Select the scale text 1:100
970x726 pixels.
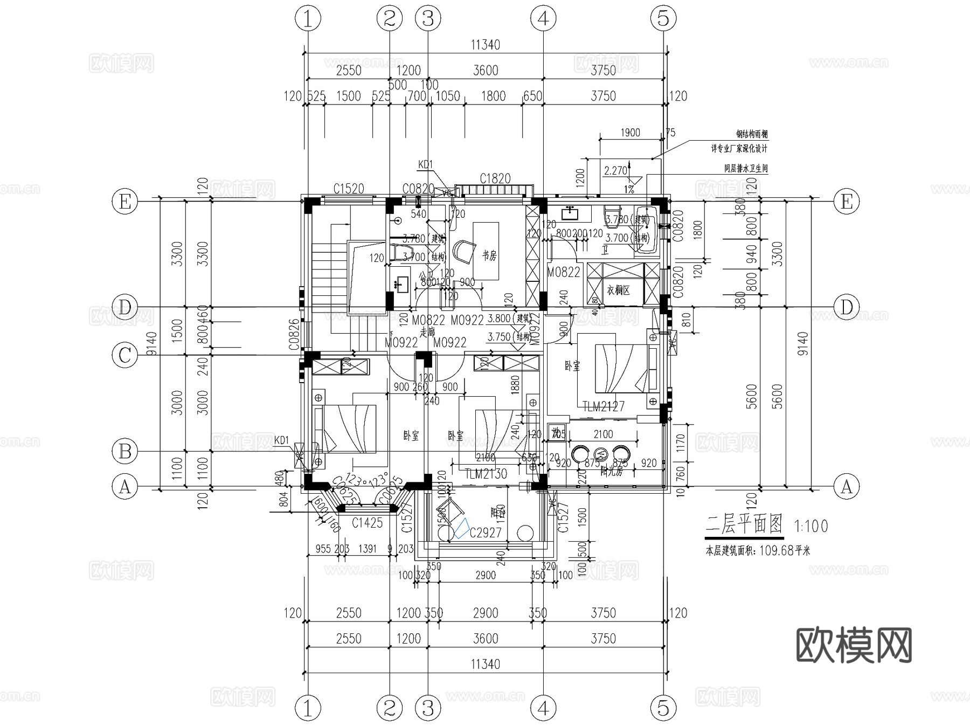[x=811, y=526]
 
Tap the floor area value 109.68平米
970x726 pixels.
[x=785, y=551]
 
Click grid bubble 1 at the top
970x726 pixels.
[x=308, y=19]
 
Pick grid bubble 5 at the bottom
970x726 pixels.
[x=663, y=708]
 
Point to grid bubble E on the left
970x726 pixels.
[x=125, y=202]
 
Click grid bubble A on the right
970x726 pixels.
[x=847, y=487]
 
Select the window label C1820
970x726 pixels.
[x=495, y=178]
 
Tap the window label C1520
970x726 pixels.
[x=349, y=189]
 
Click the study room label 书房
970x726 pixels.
[x=489, y=255]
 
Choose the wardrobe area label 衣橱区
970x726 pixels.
[x=619, y=290]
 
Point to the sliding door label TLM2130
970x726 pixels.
[x=486, y=474]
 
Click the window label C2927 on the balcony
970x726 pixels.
[x=486, y=533]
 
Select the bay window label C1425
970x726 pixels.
[x=367, y=522]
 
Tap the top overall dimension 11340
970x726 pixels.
[x=486, y=45]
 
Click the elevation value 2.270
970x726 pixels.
[x=615, y=171]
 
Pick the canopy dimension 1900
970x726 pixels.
[x=630, y=133]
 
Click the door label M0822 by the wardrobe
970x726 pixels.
[x=564, y=272]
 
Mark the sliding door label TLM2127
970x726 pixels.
[x=604, y=406]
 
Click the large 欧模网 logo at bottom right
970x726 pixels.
[x=854, y=645]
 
